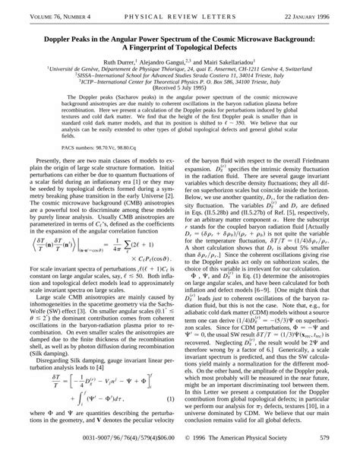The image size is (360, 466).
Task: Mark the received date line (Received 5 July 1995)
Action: pyautogui.click(x=179, y=87)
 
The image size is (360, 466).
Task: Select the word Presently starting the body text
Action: pyautogui.click(x=47, y=161)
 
